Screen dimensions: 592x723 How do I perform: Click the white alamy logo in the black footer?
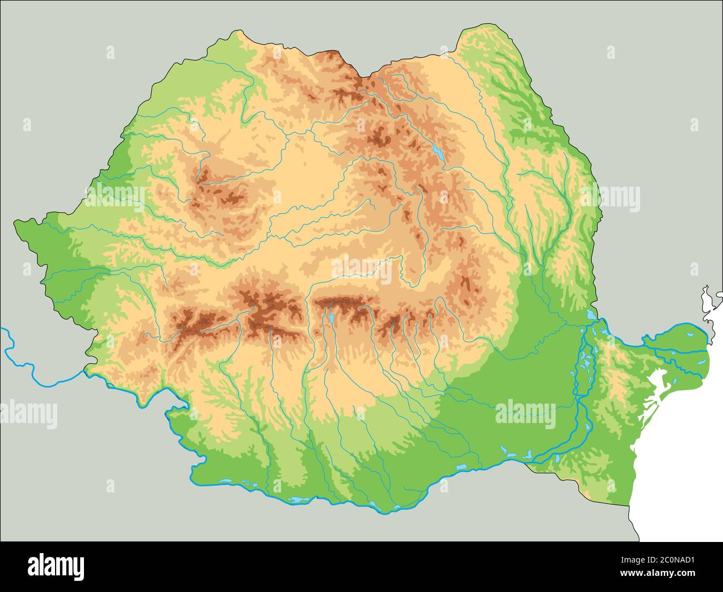(56, 566)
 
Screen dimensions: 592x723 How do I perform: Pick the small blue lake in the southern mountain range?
(331, 318)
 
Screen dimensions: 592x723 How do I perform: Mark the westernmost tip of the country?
(15, 224)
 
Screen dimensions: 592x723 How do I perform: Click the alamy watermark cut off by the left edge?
(28, 415)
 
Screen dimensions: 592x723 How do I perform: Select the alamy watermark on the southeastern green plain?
(525, 415)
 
